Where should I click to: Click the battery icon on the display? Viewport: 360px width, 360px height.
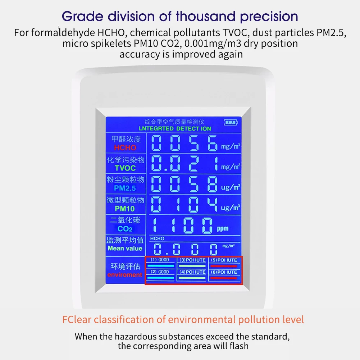(x=231, y=122)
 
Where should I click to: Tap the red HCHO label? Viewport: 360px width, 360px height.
(x=125, y=147)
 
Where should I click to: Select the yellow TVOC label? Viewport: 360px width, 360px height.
(x=125, y=168)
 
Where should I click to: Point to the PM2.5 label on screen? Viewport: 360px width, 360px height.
(x=125, y=188)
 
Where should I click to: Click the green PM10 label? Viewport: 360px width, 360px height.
(x=125, y=209)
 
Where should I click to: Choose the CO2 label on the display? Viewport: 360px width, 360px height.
(x=125, y=229)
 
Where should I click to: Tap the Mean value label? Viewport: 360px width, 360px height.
(x=125, y=249)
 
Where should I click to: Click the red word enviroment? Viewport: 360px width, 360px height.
(x=125, y=275)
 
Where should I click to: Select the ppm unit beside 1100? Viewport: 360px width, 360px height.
(x=222, y=229)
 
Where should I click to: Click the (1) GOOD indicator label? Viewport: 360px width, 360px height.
(x=160, y=260)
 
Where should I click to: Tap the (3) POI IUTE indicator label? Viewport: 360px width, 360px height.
(x=192, y=260)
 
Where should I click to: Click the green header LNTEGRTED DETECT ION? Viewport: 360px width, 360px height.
(x=175, y=128)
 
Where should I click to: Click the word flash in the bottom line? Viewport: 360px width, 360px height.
(x=238, y=346)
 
